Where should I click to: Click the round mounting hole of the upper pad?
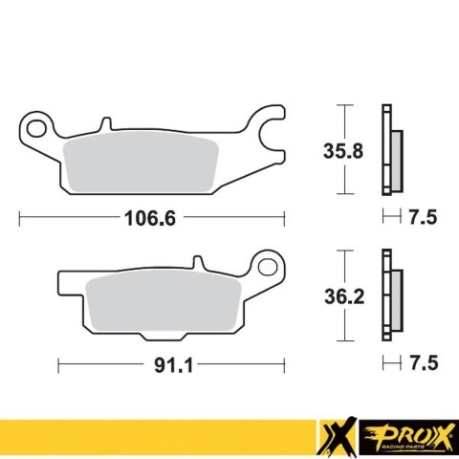pos(39,124)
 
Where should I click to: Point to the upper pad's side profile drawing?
pos(389,150)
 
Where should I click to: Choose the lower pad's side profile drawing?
pos(389,297)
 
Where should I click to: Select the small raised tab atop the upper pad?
pos(103,124)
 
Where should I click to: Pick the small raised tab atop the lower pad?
pos(197,262)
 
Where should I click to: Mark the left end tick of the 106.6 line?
pos(20,218)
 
